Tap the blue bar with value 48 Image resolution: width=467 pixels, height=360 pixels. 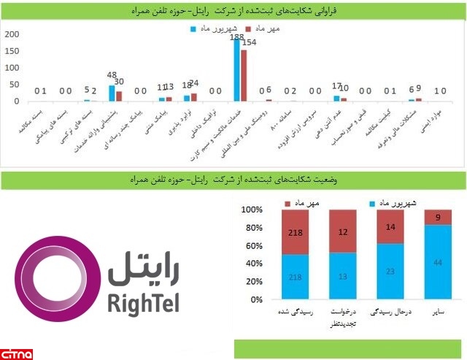pyautogui.click(x=112, y=93)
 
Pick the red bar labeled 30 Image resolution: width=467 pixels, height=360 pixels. pyautogui.click(x=119, y=96)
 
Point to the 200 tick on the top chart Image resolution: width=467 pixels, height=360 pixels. pyautogui.click(x=11, y=35)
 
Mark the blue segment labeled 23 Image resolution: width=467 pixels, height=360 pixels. pyautogui.click(x=391, y=272)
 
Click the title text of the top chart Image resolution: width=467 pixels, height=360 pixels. pyautogui.click(x=233, y=10)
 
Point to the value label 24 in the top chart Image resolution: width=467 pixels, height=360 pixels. pyautogui.click(x=194, y=83)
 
